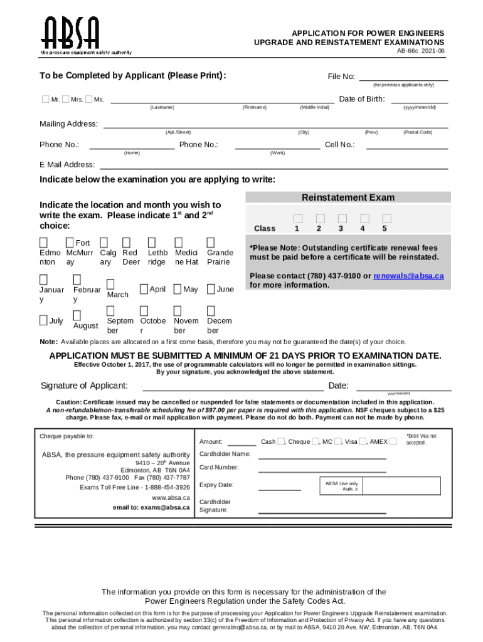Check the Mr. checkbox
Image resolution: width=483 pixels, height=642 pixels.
(x=45, y=99)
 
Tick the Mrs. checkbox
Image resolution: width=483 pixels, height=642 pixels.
(x=66, y=99)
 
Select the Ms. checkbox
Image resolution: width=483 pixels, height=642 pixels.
(x=88, y=99)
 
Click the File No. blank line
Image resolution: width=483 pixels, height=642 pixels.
(x=403, y=76)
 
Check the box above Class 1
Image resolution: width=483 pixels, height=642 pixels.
(x=297, y=218)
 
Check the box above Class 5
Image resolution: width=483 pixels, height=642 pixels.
(x=386, y=218)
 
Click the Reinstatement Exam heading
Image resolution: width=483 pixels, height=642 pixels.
(x=348, y=197)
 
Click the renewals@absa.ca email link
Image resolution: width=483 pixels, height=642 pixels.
(x=408, y=276)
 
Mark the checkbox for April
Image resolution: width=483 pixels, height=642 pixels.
(x=144, y=289)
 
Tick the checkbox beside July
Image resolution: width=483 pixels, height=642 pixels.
(x=44, y=320)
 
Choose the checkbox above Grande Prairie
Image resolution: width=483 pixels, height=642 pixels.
(x=211, y=242)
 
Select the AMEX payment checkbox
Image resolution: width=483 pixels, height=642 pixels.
(x=393, y=441)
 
